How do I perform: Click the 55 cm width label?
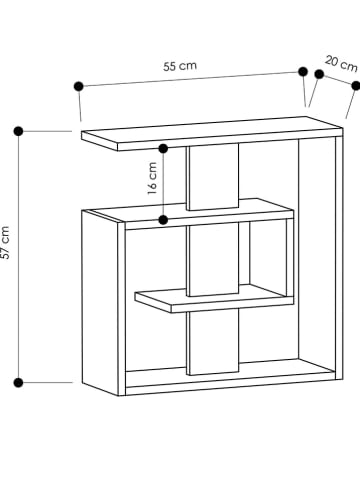pos(180,65)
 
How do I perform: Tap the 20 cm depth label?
pos(340,63)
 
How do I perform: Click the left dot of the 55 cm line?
pos(77,86)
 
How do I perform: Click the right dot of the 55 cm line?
pos(302,71)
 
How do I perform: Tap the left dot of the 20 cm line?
pos(319,74)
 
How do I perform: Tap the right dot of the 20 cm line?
pos(353,85)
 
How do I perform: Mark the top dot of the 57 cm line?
pos(18,130)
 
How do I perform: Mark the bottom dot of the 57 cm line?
pos(18,381)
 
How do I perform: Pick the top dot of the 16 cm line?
pos(165,148)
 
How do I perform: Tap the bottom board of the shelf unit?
pos(230,381)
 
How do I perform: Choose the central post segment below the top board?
pos(212,178)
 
